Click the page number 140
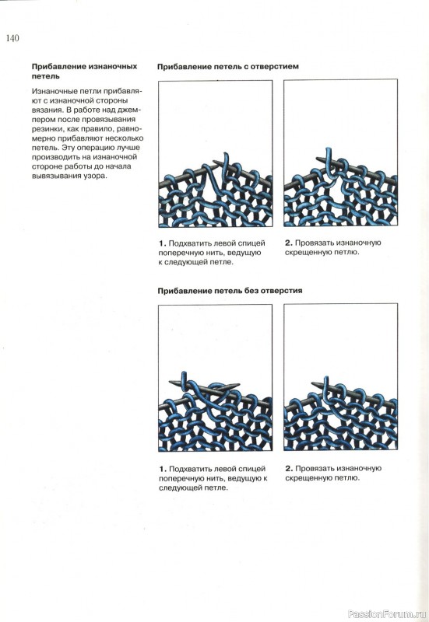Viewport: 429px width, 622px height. click(x=12, y=38)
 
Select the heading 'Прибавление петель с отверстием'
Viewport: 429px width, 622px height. click(x=227, y=67)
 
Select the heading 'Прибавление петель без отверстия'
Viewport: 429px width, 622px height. click(x=230, y=291)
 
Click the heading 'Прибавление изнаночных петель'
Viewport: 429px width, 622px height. click(x=84, y=71)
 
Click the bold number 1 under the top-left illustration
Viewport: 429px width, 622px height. click(x=162, y=243)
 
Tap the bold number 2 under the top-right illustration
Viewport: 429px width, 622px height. click(x=288, y=243)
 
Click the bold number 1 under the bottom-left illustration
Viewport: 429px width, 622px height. click(x=162, y=469)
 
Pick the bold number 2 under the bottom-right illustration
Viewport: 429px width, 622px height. click(x=289, y=469)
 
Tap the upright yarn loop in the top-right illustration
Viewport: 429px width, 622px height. click(x=329, y=161)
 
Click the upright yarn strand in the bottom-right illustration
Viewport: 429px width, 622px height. click(x=326, y=387)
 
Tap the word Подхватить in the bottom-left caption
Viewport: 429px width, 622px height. click(x=189, y=469)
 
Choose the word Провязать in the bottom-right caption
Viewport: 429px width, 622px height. click(x=315, y=469)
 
